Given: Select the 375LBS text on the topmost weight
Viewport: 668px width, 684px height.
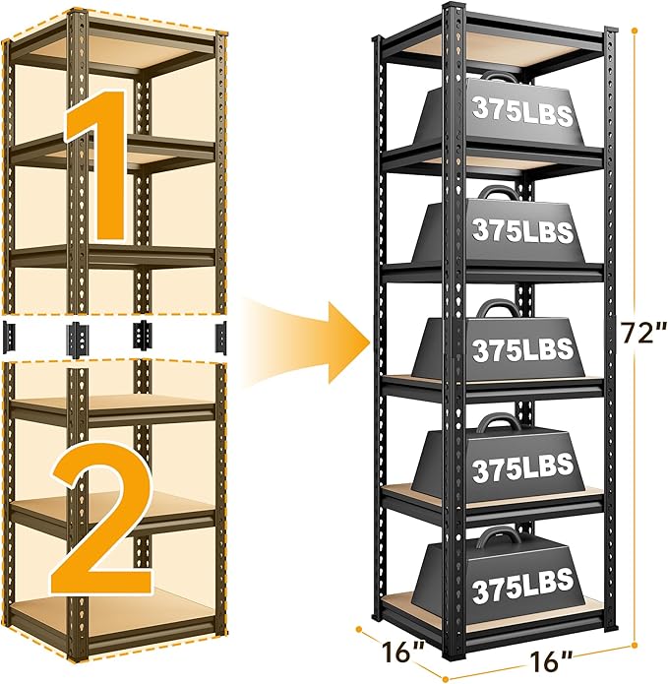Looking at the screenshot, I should click(521, 110).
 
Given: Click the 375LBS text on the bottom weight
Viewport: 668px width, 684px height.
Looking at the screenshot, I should click(521, 592).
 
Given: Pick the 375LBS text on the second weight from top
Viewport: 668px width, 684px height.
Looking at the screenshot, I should click(521, 231).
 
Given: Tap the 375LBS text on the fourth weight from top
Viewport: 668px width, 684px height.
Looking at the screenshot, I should click(521, 470).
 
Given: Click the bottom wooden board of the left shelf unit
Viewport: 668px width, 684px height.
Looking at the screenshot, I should click(118, 615).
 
